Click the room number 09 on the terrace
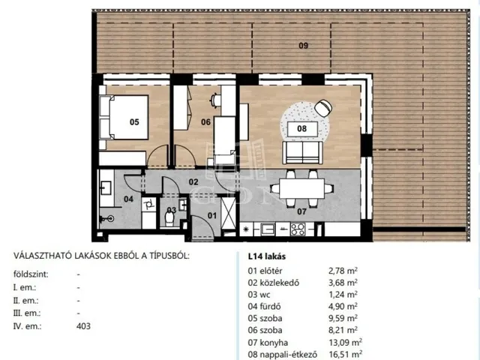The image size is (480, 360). (x=303, y=46)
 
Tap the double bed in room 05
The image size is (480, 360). (x=124, y=117)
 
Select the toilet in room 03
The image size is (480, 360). (x=169, y=219)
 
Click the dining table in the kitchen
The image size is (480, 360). (x=301, y=188)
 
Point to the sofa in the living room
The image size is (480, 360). (x=302, y=152)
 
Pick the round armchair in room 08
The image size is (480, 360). (x=323, y=108)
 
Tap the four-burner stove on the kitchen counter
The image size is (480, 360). (x=298, y=229)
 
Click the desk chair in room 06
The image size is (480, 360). (x=215, y=100)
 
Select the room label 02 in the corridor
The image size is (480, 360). (x=193, y=182)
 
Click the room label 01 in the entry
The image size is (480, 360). (x=212, y=216)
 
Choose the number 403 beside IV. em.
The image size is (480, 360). (x=83, y=326)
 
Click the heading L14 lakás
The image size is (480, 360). (x=267, y=256)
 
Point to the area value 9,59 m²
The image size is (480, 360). (x=343, y=318)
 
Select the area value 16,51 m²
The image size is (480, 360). (x=345, y=355)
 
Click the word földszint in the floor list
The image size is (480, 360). (x=31, y=274)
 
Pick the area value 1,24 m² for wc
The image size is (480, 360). (x=343, y=295)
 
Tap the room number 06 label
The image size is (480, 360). (x=205, y=122)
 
